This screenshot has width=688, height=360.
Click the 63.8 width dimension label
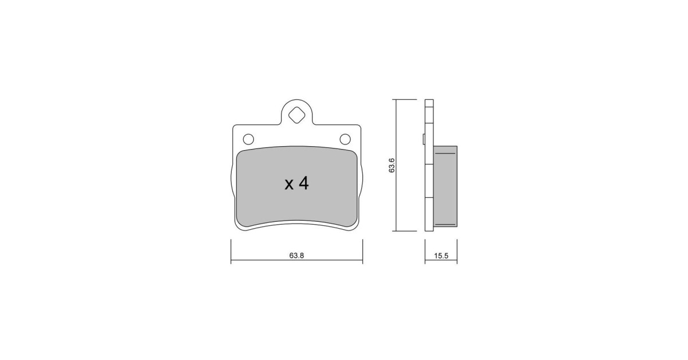pyautogui.click(x=296, y=256)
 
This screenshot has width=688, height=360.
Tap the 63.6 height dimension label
pyautogui.click(x=392, y=165)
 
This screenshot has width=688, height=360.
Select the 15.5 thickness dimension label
pyautogui.click(x=441, y=256)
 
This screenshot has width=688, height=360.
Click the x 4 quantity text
pyautogui.click(x=296, y=183)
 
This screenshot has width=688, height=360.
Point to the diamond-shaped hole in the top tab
pyautogui.click(x=297, y=115)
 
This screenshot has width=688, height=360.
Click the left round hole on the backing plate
pyautogui.click(x=248, y=139)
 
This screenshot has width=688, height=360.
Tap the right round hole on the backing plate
pyautogui.click(x=345, y=139)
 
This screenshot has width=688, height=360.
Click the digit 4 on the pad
pyautogui.click(x=303, y=183)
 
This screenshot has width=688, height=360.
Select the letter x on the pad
pyautogui.click(x=289, y=185)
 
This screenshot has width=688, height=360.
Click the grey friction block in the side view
pyautogui.click(x=445, y=186)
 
